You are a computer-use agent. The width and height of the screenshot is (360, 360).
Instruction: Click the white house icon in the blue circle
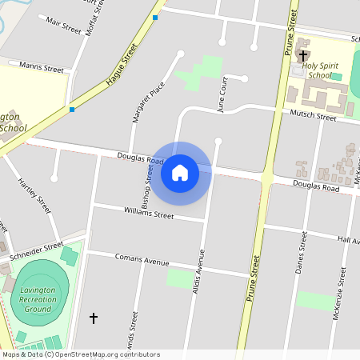pyautogui.click(x=180, y=173)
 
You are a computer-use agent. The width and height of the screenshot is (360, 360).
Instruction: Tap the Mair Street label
pyautogui.click(x=64, y=25)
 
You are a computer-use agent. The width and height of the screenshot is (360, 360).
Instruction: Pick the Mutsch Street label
pyautogui.click(x=313, y=116)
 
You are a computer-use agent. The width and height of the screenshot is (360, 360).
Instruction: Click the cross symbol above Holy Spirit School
pyautogui.click(x=304, y=55)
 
